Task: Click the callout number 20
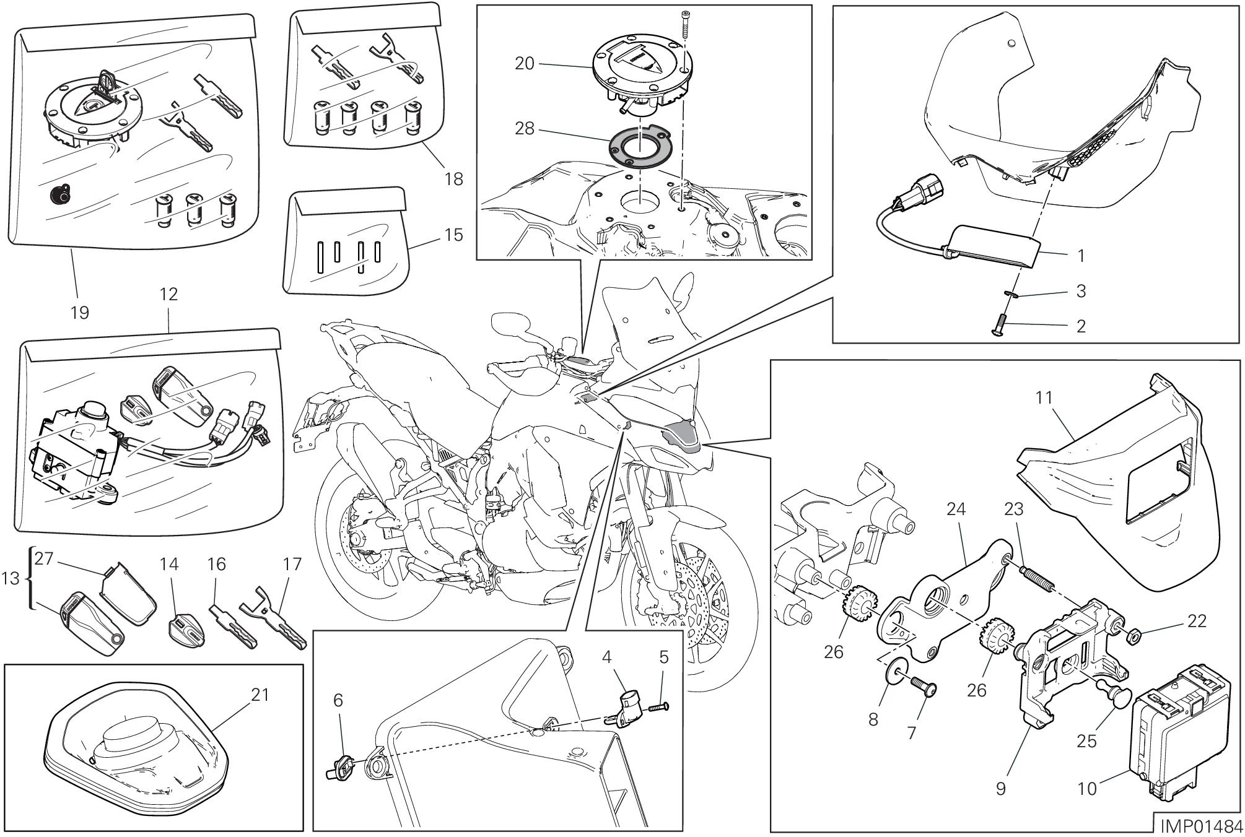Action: (x=524, y=63)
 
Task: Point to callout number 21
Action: (x=260, y=695)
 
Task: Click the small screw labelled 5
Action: (x=658, y=708)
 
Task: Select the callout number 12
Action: (x=168, y=293)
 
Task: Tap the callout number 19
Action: (x=79, y=313)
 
